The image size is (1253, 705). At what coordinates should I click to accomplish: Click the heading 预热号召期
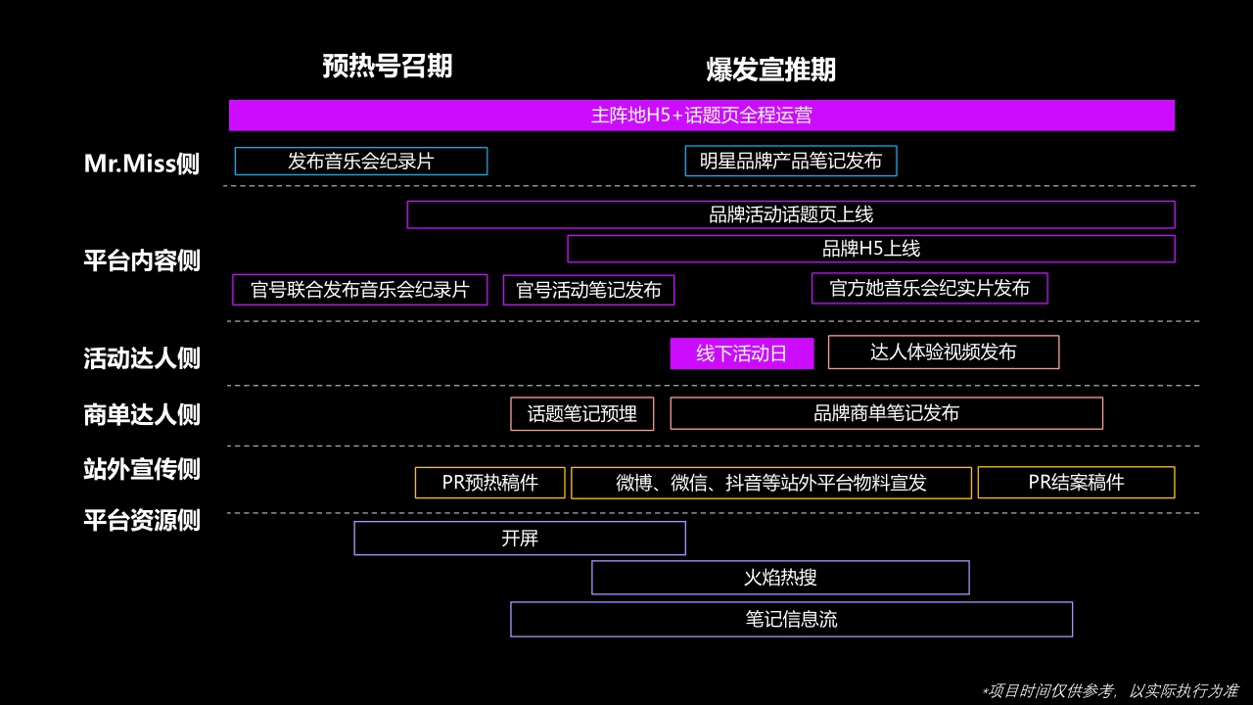tap(388, 66)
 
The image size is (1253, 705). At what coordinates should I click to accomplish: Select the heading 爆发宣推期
tap(771, 70)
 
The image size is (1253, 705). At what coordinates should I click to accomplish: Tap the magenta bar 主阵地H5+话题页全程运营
tap(701, 115)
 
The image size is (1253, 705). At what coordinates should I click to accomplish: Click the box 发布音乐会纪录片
tap(360, 161)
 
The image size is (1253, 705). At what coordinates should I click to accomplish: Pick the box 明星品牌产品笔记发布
tap(790, 161)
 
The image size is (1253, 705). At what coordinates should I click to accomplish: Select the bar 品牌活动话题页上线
tap(790, 214)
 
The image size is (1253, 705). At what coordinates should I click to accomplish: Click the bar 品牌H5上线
tap(870, 249)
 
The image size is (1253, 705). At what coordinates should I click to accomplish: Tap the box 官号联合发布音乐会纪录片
tap(359, 290)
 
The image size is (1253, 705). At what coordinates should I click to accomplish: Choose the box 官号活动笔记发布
tap(588, 290)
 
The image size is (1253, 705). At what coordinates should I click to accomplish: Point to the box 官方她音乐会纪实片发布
tap(929, 288)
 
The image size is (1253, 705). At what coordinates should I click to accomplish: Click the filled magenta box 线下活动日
tap(741, 353)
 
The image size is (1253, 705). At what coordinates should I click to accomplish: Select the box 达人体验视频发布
tap(943, 352)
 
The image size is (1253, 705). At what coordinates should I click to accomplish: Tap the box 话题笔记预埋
tap(581, 413)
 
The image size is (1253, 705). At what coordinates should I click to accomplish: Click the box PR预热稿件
tap(489, 483)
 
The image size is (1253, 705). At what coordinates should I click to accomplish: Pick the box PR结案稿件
tap(1076, 482)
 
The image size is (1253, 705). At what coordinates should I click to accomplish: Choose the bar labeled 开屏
tap(519, 539)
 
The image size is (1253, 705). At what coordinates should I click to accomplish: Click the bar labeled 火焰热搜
tap(780, 577)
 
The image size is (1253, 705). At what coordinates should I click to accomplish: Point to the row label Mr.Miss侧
tap(142, 164)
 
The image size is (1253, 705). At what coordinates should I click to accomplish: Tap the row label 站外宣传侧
tap(142, 469)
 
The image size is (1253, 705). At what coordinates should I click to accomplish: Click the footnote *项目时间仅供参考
tap(1109, 690)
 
